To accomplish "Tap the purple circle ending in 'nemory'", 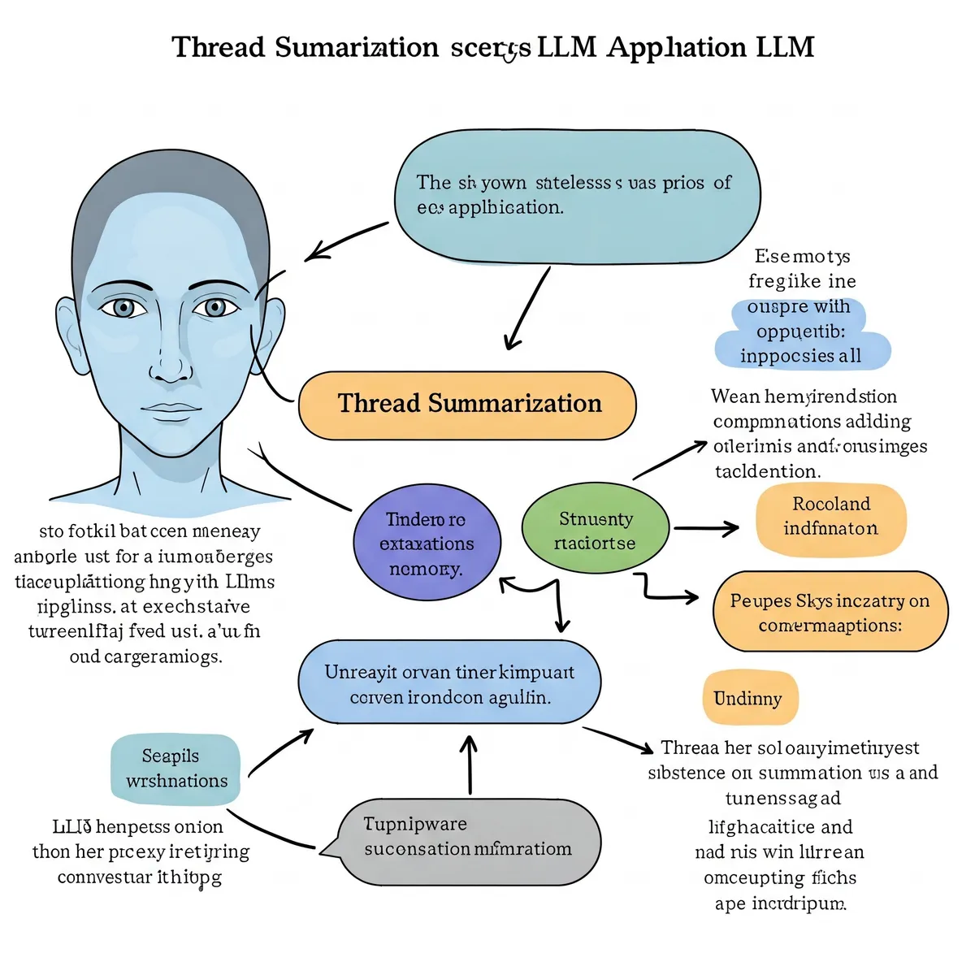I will pos(427,544).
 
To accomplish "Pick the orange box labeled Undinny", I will pos(749,698).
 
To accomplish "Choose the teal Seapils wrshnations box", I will pos(175,769).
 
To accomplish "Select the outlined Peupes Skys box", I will pos(829,612).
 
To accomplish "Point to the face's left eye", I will pos(123,308).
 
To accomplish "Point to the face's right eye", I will pos(214,308).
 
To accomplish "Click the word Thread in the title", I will pos(219,47).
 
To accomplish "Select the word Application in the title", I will pos(676,47).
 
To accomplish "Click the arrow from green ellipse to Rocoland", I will pos(705,529).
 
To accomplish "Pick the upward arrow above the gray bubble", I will pos(470,764).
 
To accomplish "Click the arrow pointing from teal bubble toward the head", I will pos(345,241).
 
